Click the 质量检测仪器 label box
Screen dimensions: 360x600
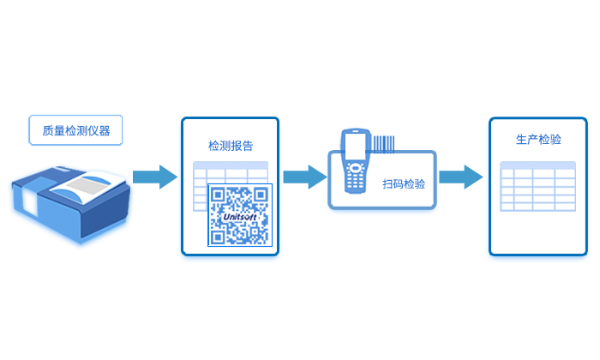click(75, 131)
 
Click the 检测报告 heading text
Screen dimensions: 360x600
click(231, 146)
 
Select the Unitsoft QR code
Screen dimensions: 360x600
click(239, 215)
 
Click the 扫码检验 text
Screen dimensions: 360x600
click(404, 184)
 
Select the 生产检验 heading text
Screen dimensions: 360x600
click(539, 139)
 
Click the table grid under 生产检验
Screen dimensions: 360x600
click(538, 189)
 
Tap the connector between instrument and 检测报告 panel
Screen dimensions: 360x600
click(157, 177)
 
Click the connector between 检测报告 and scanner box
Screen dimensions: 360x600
click(304, 177)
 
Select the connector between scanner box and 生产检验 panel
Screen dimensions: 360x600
click(461, 177)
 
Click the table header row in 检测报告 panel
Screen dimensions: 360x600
click(231, 165)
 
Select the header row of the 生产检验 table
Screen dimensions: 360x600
click(538, 165)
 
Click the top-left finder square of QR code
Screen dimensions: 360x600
click(219, 195)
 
